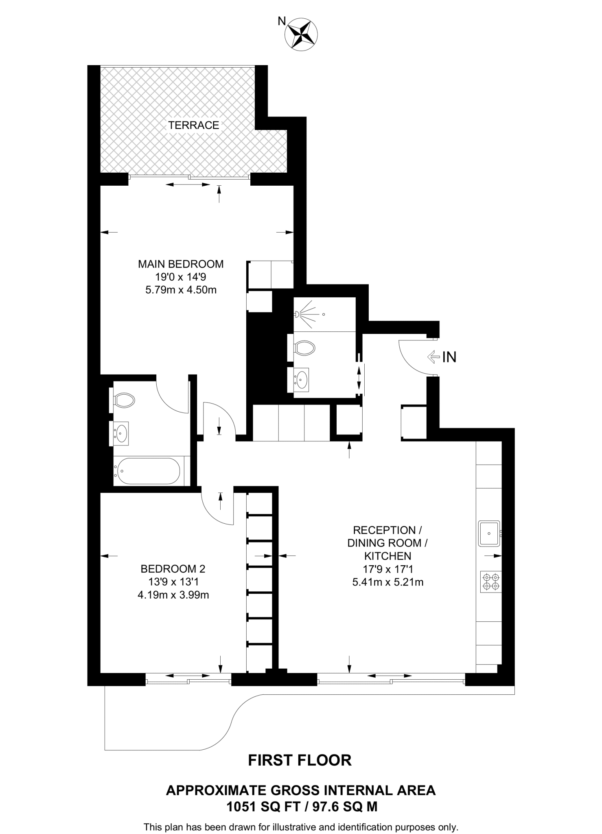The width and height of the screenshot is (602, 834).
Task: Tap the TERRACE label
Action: pos(194,125)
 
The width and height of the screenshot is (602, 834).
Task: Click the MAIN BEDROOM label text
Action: pos(181,264)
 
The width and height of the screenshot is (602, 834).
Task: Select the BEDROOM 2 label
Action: pos(173,568)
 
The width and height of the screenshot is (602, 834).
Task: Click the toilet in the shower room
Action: pos(304,347)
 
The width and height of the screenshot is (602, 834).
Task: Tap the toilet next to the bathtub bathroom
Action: pos(124,400)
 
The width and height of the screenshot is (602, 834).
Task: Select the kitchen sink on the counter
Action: pos(489,533)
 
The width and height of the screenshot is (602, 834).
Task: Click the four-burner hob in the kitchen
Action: pos(490,582)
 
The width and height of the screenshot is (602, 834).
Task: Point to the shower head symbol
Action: pos(299,314)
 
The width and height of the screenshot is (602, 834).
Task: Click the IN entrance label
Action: pos(449,357)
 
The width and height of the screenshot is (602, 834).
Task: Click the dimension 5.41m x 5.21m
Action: pos(387,582)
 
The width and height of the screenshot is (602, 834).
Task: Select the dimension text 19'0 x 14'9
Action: pos(181,277)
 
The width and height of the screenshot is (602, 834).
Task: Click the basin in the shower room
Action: pos(301,379)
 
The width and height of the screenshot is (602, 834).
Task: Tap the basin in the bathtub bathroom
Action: pos(121,432)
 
